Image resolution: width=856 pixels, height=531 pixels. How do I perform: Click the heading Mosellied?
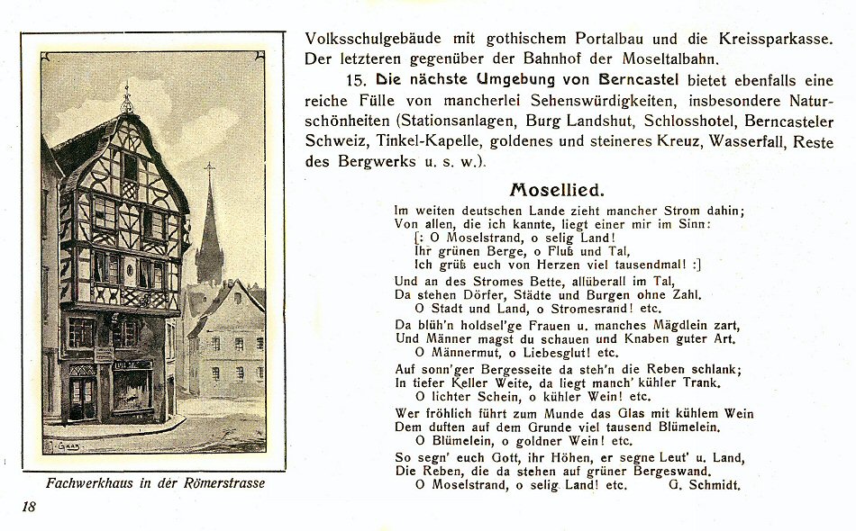click(557, 190)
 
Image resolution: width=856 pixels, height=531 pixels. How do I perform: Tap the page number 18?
click(29, 507)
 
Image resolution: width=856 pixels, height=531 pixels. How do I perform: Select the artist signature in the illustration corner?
click(63, 445)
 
